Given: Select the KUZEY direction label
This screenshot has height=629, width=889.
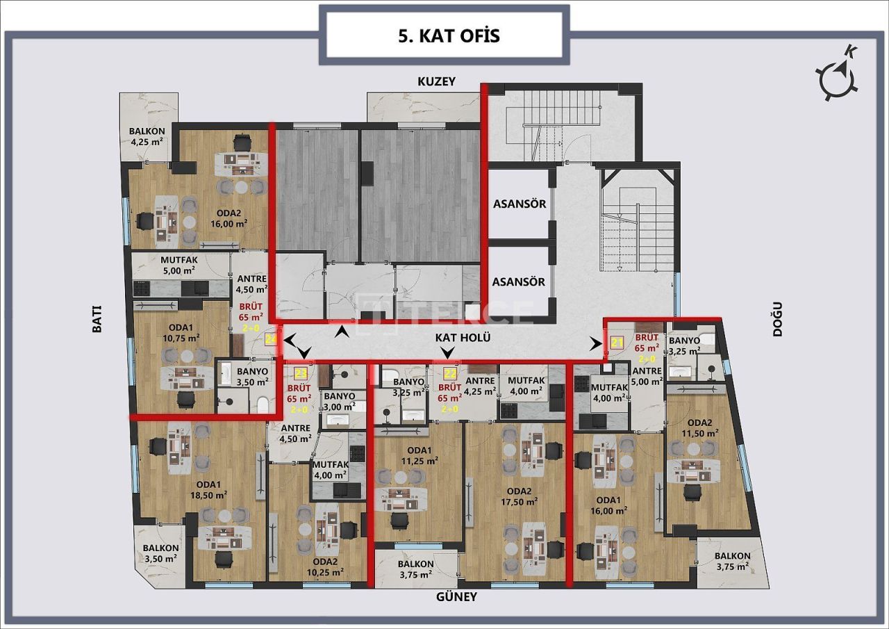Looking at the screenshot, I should click(x=436, y=81).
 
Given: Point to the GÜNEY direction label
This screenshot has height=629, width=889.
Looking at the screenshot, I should click(x=456, y=596).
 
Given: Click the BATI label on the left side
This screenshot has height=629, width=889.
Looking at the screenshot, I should click(x=97, y=320).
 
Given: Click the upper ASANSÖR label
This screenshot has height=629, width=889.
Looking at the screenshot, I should click(x=519, y=204).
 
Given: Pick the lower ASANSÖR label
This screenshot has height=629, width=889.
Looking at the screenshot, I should click(x=519, y=282).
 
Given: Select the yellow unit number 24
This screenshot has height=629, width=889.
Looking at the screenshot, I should click(x=272, y=339).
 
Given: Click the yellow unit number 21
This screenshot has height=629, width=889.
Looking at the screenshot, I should click(x=617, y=341).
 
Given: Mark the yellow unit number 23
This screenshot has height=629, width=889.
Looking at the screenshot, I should click(x=301, y=373).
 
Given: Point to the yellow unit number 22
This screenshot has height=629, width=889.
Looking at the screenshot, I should click(x=450, y=373).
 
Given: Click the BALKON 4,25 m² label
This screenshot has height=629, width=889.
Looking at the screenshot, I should click(x=147, y=136).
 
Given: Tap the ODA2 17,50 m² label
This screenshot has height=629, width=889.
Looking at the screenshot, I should click(x=515, y=496).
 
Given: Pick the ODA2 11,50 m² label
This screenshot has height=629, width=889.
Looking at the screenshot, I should click(x=699, y=428).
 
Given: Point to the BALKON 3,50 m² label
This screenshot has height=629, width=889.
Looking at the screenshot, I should click(x=160, y=553).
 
